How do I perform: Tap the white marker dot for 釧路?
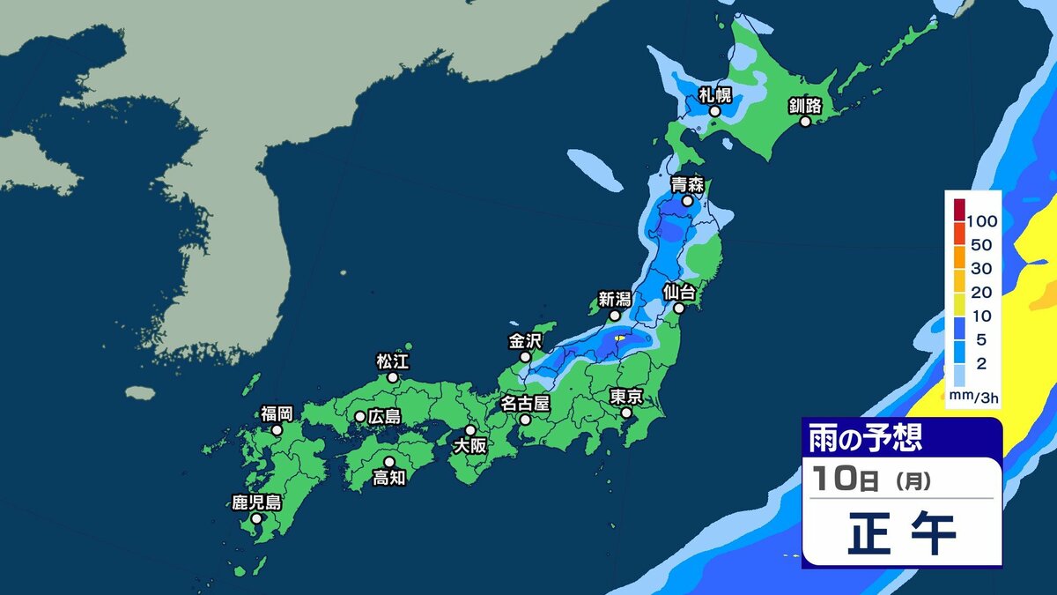[804, 123]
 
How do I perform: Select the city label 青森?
[686, 184]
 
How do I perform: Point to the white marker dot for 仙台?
[680, 309]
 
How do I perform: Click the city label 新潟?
[616, 298]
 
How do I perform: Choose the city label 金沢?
[526, 339]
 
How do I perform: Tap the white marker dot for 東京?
[625, 413]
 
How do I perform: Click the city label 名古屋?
[525, 403]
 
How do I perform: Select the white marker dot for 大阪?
[470, 430]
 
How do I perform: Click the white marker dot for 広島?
[360, 416]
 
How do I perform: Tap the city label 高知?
[388, 478]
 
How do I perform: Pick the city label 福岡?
[277, 413]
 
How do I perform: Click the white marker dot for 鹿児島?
[256, 519]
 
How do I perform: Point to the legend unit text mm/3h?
[974, 398]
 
